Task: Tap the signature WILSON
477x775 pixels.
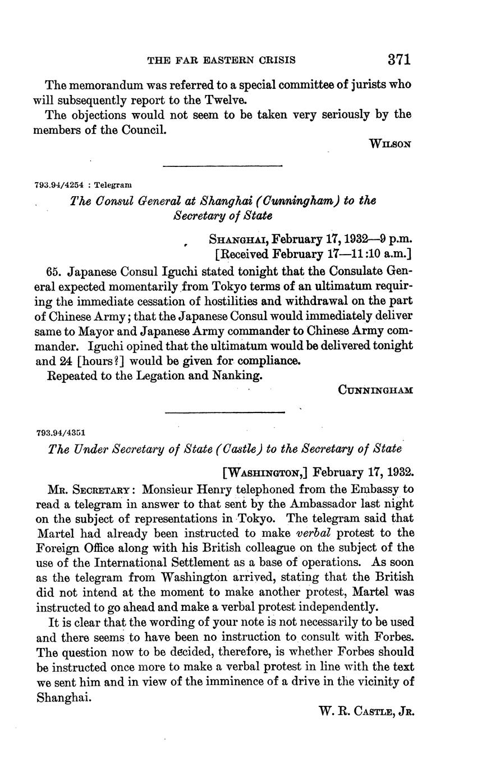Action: tap(391, 144)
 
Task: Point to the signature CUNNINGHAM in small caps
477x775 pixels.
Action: tap(375, 389)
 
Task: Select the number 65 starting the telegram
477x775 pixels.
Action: tap(54, 273)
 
